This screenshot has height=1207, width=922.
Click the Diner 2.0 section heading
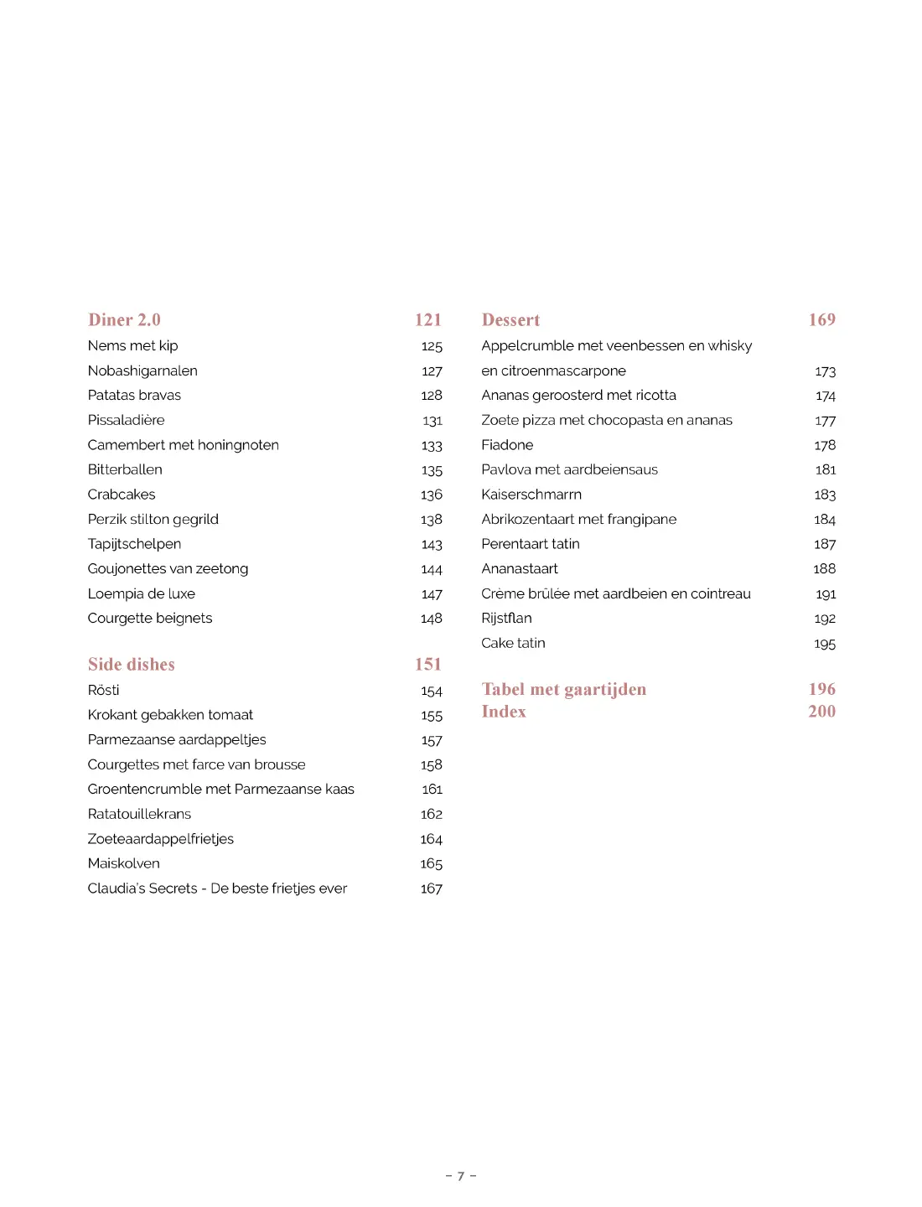point(124,320)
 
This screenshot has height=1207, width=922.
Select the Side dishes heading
point(132,665)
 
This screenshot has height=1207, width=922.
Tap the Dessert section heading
point(510,320)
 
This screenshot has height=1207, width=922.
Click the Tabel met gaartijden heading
point(564,690)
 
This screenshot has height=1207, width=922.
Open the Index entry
point(504,712)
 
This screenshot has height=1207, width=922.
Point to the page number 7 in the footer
point(461,1176)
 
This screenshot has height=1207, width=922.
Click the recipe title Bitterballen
point(125,469)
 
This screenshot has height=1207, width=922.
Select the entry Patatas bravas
point(134,395)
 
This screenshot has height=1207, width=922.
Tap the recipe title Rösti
point(104,690)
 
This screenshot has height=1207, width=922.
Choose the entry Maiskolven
point(123,863)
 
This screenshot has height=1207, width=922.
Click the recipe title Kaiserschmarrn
point(531,495)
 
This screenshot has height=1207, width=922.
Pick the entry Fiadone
point(507,445)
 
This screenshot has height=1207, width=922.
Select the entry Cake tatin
point(513,643)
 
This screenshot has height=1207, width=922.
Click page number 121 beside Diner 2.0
point(428,320)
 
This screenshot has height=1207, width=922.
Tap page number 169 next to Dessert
point(822,320)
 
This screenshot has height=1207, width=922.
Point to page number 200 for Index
point(822,712)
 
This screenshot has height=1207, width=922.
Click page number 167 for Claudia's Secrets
point(432,888)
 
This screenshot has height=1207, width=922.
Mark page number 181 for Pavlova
point(826,469)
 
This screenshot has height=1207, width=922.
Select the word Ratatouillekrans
point(139,814)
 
